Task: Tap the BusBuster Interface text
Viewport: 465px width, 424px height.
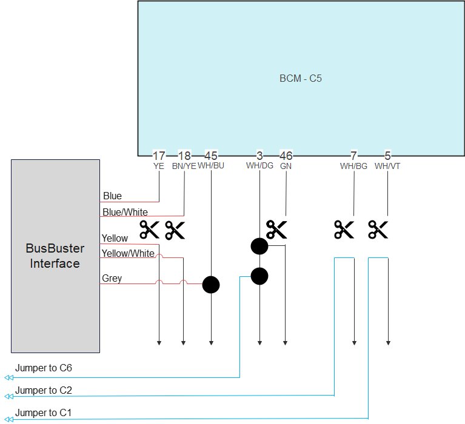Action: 55,256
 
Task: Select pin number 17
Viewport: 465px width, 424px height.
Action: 159,156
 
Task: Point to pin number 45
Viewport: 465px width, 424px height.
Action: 211,156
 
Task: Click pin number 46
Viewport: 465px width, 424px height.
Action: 286,156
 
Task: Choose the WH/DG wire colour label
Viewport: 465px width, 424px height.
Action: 259,165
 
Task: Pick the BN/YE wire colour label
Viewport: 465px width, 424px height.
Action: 184,165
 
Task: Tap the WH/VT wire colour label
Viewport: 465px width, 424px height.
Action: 387,165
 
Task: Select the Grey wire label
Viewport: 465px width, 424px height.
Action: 112,279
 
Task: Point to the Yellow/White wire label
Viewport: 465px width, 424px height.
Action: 128,253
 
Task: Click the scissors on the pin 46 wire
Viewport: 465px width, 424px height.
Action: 276,230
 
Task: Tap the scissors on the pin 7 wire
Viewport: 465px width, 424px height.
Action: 344,230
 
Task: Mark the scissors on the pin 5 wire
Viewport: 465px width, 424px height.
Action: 378,230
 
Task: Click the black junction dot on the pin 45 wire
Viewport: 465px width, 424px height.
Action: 211,285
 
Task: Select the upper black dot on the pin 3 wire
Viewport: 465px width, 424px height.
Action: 259,246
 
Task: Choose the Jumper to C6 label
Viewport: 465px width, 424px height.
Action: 44,368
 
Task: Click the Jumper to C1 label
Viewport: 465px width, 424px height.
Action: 44,412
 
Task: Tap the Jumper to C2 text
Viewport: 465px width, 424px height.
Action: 44,389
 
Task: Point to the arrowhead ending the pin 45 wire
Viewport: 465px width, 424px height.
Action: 211,343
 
